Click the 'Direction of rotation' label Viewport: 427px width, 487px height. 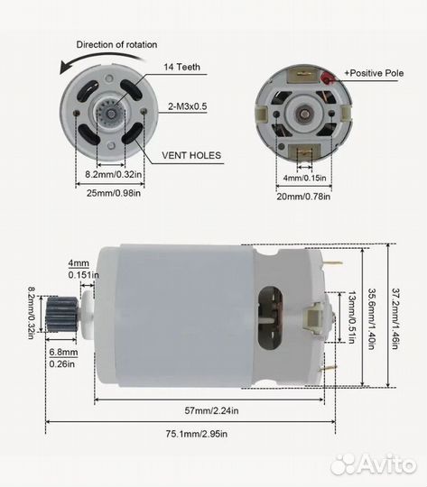point(116,45)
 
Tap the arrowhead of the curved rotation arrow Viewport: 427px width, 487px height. point(64,68)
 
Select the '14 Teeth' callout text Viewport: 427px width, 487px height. point(182,67)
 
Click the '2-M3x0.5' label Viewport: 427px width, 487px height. point(188,106)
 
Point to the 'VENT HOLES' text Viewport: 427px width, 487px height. point(191,155)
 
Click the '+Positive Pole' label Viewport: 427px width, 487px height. point(374,73)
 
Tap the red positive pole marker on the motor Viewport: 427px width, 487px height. point(328,78)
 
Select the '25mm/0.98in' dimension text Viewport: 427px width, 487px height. point(114,193)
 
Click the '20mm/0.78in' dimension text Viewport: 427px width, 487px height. point(303,197)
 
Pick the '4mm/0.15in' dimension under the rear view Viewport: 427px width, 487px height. point(304,178)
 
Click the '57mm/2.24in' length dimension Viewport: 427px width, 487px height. point(211,410)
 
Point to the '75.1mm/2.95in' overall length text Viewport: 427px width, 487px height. point(197,434)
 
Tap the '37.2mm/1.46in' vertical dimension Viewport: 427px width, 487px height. point(395,318)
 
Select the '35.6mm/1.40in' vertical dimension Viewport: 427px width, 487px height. point(372,319)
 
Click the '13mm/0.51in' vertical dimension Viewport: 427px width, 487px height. point(351,317)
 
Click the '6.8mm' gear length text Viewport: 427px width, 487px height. point(63,353)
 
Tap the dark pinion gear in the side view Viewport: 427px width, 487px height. point(62,314)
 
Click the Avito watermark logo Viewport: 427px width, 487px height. point(373,464)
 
